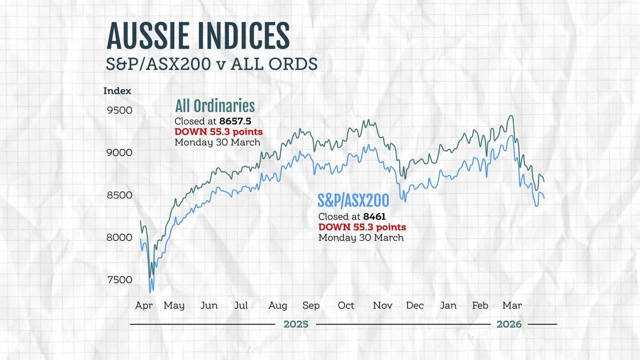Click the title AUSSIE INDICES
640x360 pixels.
pos(198,36)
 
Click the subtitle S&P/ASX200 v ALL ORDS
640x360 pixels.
pos(212,64)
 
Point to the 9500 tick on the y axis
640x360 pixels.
pos(119,110)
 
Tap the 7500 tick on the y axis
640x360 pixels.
pos(119,279)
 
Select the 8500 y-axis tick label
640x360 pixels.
pos(119,194)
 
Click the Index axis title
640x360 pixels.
pos(117,91)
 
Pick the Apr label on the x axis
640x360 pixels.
pos(144,305)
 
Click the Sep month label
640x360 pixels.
pos(311,305)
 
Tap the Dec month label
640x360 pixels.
pos(414,305)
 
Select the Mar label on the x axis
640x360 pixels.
pos(512,305)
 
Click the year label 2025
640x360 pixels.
pos(296,324)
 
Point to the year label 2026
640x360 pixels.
pos(509,324)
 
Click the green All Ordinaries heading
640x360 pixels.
pos(214,106)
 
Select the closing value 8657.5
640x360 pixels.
pos(235,121)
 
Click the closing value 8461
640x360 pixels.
pos(374,216)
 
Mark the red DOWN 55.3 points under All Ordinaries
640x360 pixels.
pos(218,131)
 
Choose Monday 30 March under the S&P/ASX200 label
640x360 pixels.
pos(361,237)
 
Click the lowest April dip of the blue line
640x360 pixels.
pos(150,291)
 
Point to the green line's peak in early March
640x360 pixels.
pos(510,116)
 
